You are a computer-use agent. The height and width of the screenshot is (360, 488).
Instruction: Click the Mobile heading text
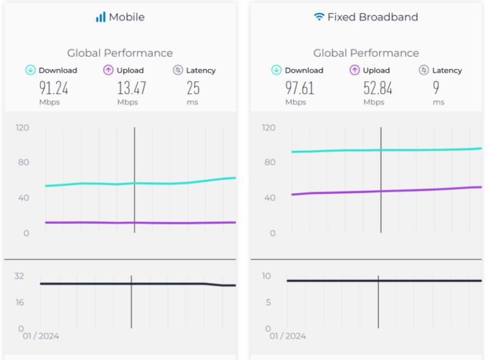[x=127, y=17]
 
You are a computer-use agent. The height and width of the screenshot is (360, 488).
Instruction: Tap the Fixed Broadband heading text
[x=373, y=17]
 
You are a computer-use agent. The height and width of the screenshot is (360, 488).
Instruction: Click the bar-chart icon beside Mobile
[x=101, y=17]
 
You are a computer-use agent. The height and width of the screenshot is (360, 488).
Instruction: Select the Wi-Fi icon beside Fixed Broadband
[x=319, y=17]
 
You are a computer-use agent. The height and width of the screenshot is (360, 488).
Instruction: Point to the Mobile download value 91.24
[x=53, y=88]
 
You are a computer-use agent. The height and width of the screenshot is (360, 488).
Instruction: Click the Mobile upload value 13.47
[x=132, y=88]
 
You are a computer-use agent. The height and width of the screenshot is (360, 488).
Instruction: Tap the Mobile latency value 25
[x=193, y=88]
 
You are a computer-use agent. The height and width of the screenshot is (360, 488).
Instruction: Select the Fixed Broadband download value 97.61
[x=300, y=88]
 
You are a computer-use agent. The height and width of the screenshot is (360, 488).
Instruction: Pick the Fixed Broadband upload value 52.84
[x=378, y=88]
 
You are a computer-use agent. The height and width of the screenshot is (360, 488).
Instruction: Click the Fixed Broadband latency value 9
[x=436, y=88]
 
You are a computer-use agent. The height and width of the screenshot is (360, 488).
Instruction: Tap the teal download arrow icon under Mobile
[x=30, y=70]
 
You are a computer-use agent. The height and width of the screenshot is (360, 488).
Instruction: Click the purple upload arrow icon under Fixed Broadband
[x=354, y=70]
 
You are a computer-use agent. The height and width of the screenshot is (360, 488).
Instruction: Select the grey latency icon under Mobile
[x=178, y=70]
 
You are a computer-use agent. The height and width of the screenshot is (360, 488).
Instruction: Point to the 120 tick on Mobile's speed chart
[x=23, y=128]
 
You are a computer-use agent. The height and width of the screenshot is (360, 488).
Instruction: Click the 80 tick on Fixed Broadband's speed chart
[x=269, y=162]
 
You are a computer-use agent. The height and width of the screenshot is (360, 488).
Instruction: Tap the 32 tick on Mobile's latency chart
[x=19, y=276]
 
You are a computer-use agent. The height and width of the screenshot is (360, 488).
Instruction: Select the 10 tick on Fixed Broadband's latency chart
[x=266, y=276]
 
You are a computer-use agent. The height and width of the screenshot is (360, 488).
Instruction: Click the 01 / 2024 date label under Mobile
[x=41, y=336]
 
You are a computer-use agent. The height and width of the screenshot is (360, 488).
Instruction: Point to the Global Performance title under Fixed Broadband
[x=366, y=53]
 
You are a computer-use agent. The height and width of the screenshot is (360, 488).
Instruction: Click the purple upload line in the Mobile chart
[x=91, y=222]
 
